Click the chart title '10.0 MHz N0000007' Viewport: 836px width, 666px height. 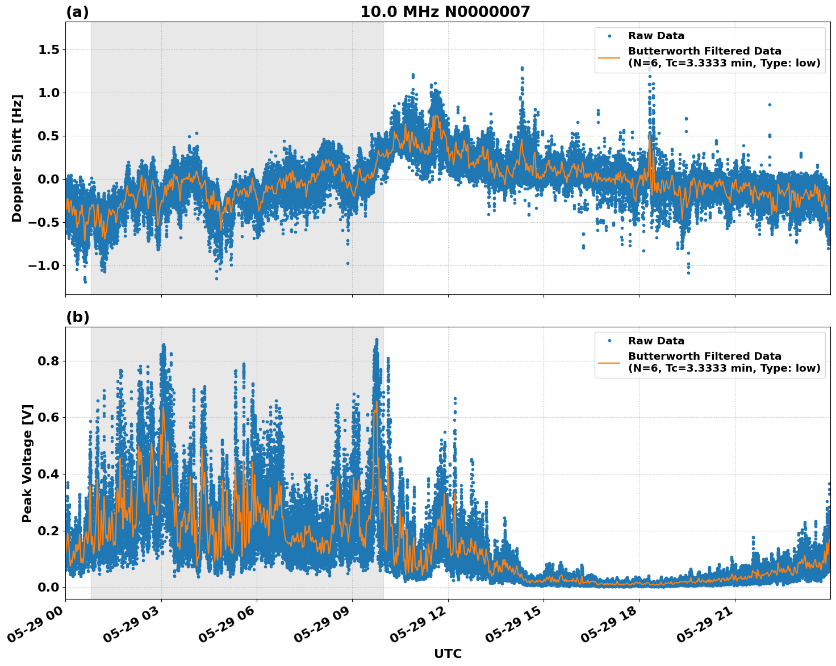point(445,12)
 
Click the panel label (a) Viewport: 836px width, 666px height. point(77,12)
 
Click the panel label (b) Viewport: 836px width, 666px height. point(77,317)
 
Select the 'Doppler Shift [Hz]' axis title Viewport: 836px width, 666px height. point(17,158)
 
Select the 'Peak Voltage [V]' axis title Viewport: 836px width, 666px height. point(27,463)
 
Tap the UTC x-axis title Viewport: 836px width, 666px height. point(448,653)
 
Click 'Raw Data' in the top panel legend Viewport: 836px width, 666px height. point(656,36)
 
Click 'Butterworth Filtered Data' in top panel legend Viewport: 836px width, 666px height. point(704,51)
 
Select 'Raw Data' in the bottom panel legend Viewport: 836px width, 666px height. point(656,341)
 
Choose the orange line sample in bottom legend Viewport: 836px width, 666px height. point(609,362)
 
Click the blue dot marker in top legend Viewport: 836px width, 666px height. point(609,36)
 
